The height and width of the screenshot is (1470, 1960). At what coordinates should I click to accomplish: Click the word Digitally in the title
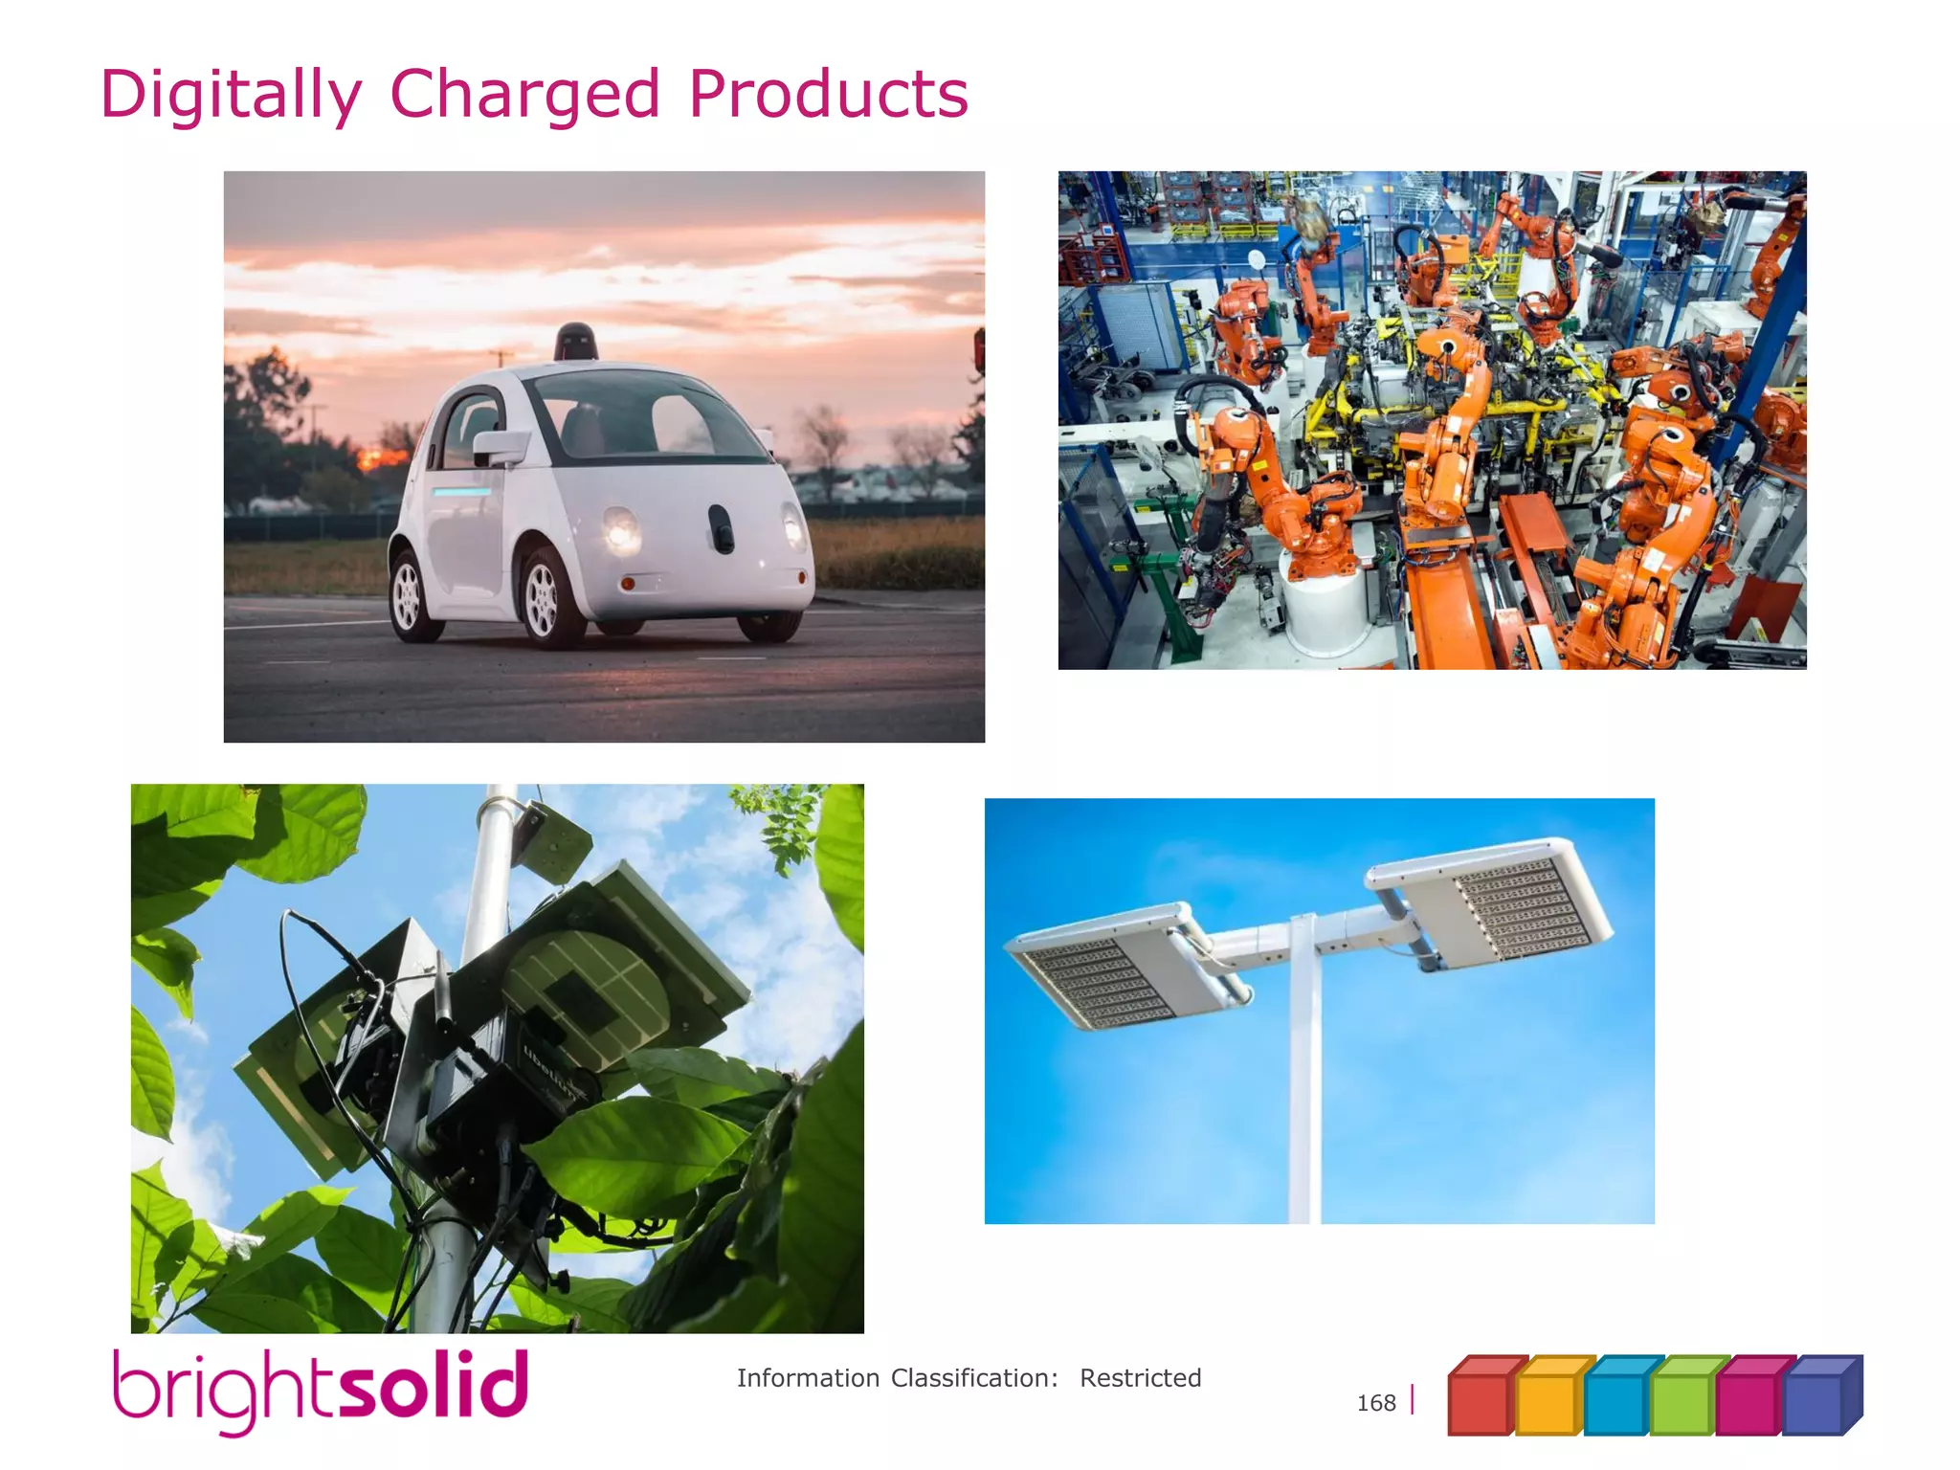click(231, 96)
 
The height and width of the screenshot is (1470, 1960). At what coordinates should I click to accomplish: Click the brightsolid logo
click(321, 1389)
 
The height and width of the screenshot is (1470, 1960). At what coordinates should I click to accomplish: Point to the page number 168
click(1375, 1403)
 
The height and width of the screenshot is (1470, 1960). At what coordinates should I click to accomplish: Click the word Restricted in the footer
click(1140, 1378)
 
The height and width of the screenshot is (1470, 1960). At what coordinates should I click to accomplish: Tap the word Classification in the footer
click(973, 1378)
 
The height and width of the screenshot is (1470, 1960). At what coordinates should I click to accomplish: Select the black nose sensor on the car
click(721, 528)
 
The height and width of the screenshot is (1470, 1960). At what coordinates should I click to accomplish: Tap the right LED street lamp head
click(1489, 899)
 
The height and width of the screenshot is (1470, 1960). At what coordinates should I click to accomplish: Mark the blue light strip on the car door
click(461, 492)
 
